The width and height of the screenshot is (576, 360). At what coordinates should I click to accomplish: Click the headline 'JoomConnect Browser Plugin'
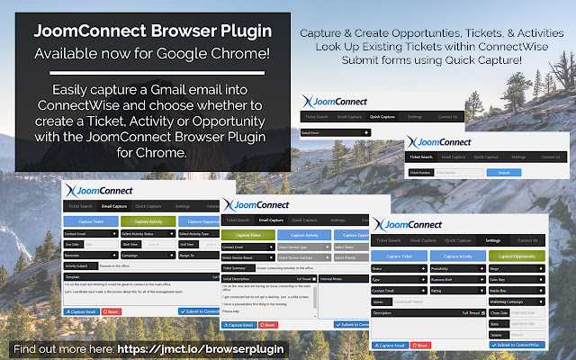click(151, 31)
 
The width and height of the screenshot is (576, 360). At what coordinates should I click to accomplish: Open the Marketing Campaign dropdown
click(532, 303)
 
